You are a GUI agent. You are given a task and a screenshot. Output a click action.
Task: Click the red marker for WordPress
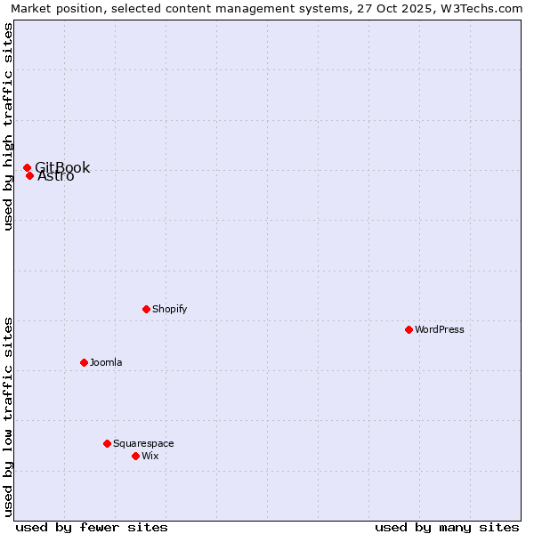[409, 329]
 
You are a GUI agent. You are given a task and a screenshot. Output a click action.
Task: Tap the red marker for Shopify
[146, 309]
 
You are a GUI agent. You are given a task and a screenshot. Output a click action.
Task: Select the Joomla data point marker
[84, 362]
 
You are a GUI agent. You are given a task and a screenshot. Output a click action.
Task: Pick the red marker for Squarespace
[107, 443]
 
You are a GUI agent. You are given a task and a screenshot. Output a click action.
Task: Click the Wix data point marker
[135, 456]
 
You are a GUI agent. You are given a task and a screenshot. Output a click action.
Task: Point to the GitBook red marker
[27, 167]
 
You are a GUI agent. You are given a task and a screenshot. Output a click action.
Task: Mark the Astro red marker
[29, 175]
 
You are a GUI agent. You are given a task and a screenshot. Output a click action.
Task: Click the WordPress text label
[440, 329]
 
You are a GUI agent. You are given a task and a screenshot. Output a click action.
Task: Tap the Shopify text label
[170, 309]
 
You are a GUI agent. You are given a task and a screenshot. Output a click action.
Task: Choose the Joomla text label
[106, 362]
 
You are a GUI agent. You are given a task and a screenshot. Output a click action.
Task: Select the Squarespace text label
[143, 443]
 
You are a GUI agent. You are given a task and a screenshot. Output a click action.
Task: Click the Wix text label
[150, 456]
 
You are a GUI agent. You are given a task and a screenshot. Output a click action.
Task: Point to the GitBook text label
[62, 167]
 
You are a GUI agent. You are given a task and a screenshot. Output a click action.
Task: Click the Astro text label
[56, 176]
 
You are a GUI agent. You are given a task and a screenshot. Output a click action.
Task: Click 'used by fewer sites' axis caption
[92, 527]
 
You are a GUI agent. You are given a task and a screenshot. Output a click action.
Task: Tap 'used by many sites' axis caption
[447, 527]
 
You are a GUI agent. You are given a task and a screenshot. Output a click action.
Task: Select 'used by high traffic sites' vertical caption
[8, 126]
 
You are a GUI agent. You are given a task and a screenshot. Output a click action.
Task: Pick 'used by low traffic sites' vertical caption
[8, 416]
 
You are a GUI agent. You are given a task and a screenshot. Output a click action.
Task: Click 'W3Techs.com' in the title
[484, 9]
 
